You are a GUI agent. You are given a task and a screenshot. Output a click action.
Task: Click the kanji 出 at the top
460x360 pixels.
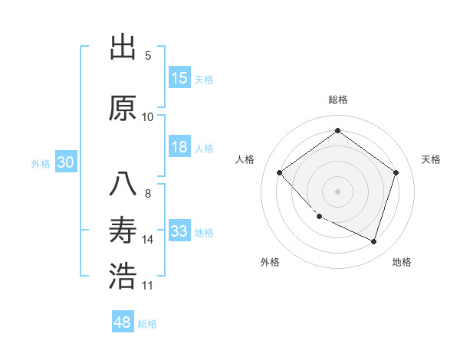pyautogui.click(x=123, y=48)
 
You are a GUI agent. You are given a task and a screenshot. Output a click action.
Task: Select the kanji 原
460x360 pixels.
pyautogui.click(x=123, y=109)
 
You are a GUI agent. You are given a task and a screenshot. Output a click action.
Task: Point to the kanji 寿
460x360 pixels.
pyautogui.click(x=123, y=230)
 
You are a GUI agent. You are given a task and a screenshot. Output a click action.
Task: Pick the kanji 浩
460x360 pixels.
pyautogui.click(x=123, y=277)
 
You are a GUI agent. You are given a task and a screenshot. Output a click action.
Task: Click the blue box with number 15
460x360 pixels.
pyautogui.click(x=179, y=78)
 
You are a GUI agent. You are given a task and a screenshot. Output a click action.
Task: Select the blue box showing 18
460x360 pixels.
pyautogui.click(x=179, y=147)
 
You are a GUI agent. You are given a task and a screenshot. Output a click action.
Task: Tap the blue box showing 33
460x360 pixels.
pyautogui.click(x=179, y=231)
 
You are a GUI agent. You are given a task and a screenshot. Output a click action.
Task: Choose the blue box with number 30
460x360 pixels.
pyautogui.click(x=65, y=162)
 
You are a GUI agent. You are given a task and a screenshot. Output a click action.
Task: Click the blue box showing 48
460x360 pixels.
pyautogui.click(x=123, y=322)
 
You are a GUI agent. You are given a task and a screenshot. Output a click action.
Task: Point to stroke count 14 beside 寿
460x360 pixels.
pyautogui.click(x=148, y=240)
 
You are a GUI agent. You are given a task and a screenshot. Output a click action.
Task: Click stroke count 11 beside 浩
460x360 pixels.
pyautogui.click(x=148, y=286)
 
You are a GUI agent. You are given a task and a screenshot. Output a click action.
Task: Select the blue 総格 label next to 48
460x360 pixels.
pyautogui.click(x=148, y=324)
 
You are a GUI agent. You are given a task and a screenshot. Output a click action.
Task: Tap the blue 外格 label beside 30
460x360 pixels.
pyautogui.click(x=41, y=163)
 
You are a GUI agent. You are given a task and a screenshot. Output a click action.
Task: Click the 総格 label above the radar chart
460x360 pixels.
pyautogui.click(x=337, y=100)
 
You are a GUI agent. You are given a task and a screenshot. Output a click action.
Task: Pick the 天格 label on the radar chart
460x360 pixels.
pyautogui.click(x=431, y=159)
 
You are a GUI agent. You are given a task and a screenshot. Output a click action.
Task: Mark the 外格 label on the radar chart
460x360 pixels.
pyautogui.click(x=270, y=262)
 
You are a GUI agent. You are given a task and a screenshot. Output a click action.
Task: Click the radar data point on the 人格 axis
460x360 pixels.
pyautogui.click(x=280, y=172)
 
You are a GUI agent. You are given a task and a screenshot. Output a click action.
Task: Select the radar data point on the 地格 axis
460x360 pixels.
pyautogui.click(x=373, y=241)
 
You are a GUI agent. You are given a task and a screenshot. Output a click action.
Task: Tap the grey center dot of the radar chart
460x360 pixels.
pyautogui.click(x=337, y=191)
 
